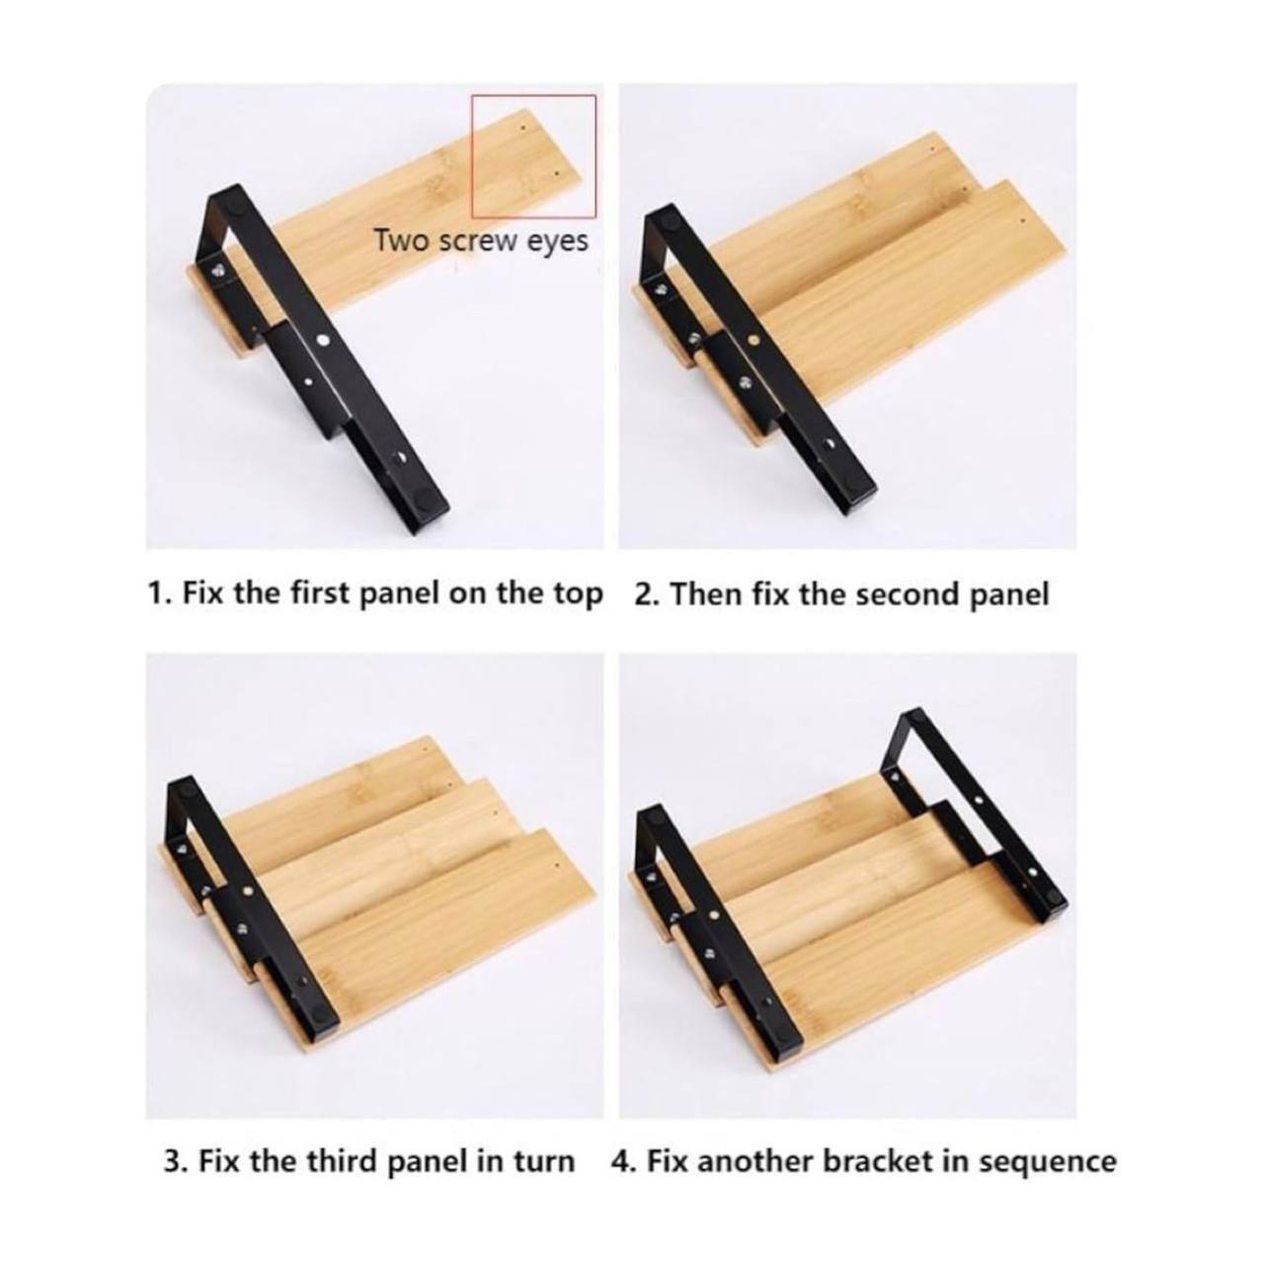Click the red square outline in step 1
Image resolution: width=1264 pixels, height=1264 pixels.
(471, 156)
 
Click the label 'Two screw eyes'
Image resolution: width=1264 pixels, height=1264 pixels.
(481, 241)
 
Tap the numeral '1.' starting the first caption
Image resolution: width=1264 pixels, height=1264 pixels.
(159, 594)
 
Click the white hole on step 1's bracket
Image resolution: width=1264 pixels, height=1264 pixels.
(324, 340)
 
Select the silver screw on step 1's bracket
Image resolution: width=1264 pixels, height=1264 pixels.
(216, 270)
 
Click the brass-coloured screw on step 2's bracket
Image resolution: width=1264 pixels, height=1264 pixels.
(754, 341)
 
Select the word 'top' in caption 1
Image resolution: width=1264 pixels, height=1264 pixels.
(576, 594)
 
